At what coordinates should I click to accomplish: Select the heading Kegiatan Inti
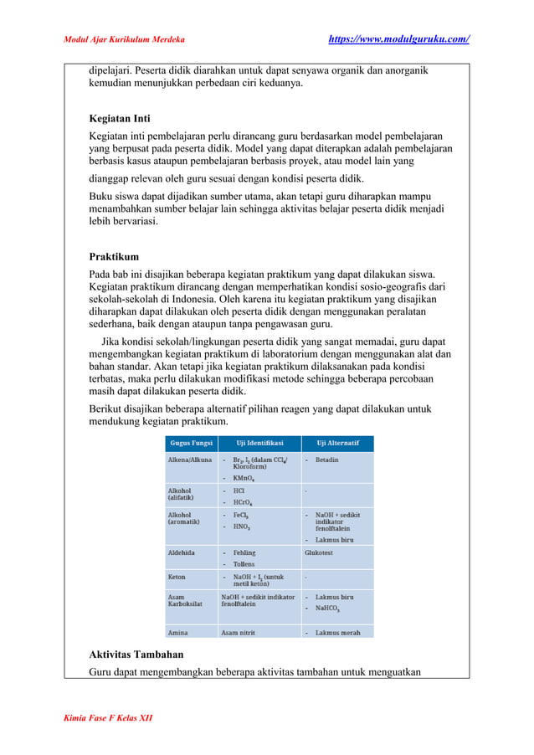pos(120,118)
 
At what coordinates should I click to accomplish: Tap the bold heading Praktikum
pos(114,256)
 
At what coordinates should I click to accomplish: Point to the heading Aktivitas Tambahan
pos(136,654)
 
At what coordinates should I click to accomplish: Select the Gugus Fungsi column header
pos(191,443)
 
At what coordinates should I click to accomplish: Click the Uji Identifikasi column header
pos(259,443)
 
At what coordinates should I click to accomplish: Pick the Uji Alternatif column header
pos(337,443)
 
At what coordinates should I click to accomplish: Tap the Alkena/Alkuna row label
pos(190,460)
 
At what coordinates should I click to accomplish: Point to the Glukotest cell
pos(322,553)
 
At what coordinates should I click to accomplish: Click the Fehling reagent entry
pos(244,553)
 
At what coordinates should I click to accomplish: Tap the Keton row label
pos(177,577)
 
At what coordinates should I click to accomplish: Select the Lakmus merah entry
pos(337,633)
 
